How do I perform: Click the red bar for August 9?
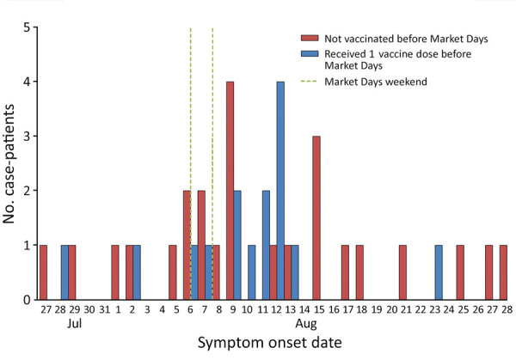230,191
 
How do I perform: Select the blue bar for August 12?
280,191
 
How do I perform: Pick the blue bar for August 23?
439,272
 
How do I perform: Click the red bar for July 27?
43,272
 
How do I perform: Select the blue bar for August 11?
266,245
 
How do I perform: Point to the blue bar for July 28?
64,272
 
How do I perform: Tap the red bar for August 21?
402,272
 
